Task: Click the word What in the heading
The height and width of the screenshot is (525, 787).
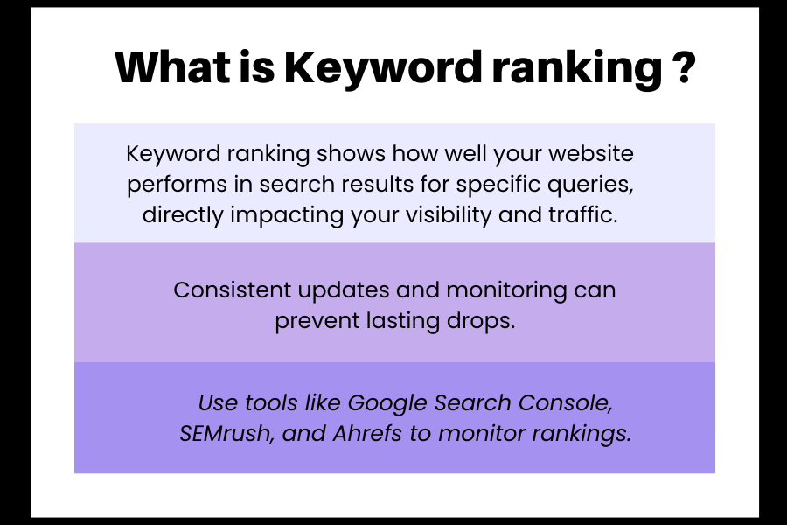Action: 172,66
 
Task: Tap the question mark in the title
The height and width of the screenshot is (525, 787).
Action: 684,66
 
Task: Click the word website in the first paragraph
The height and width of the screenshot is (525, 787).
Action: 591,153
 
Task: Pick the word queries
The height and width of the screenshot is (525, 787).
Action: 590,185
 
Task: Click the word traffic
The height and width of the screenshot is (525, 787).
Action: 583,214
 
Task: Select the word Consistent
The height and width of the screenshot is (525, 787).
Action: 233,290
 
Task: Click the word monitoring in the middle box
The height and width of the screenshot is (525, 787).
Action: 506,291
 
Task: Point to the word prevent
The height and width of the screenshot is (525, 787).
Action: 317,321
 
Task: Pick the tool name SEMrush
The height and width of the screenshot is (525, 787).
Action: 226,434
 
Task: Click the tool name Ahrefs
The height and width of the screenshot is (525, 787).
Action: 367,433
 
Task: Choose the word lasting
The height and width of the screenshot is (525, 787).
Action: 402,321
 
